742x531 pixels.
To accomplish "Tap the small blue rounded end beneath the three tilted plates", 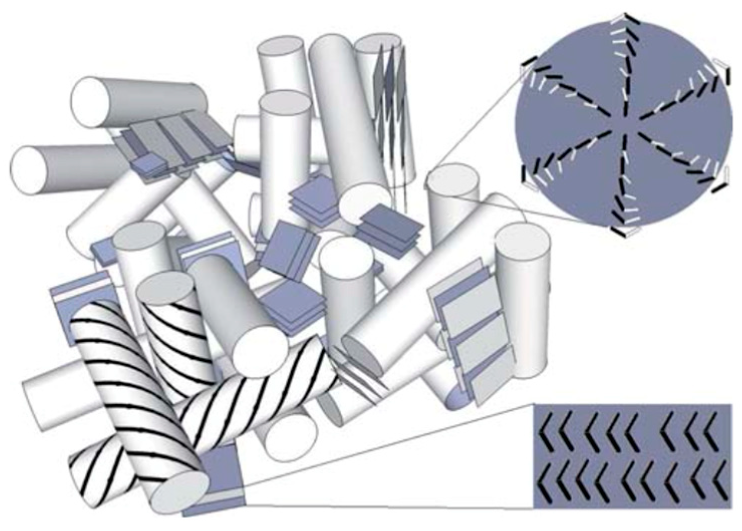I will coord(457,399).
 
